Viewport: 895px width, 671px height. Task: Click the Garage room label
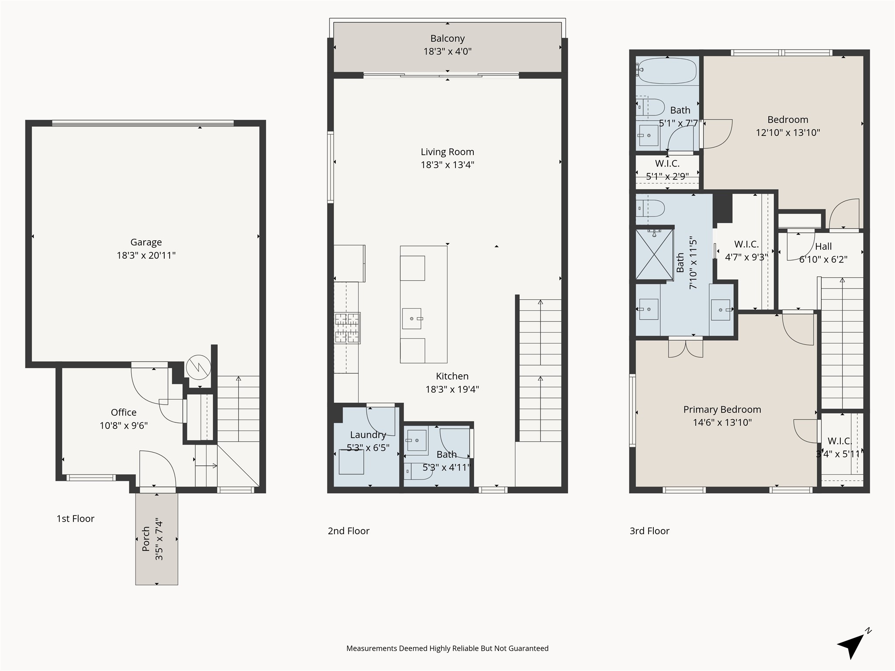pyautogui.click(x=146, y=242)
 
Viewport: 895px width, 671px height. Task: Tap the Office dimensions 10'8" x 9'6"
pyautogui.click(x=124, y=425)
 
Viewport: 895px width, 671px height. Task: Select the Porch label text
pyautogui.click(x=146, y=539)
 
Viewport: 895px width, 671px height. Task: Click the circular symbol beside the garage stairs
pyautogui.click(x=198, y=367)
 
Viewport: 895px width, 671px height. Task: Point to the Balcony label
pyautogui.click(x=447, y=38)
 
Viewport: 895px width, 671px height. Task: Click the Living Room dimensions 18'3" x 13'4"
pyautogui.click(x=447, y=165)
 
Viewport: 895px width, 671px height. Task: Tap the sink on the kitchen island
pyautogui.click(x=412, y=318)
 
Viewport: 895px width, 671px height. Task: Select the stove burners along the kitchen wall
pyautogui.click(x=347, y=328)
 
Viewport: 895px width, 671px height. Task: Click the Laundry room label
pyautogui.click(x=368, y=435)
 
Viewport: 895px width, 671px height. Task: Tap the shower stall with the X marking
pyautogui.click(x=654, y=254)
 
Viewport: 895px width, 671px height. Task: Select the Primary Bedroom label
pyautogui.click(x=722, y=409)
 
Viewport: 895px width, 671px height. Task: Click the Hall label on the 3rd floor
pyautogui.click(x=823, y=246)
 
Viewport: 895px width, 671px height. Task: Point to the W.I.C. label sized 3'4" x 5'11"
pyautogui.click(x=839, y=441)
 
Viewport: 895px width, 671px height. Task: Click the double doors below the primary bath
pyautogui.click(x=685, y=348)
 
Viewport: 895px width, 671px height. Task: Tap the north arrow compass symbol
pyautogui.click(x=852, y=646)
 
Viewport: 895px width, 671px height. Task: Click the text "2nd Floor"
pyautogui.click(x=348, y=531)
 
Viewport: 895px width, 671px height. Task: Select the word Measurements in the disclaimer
pyautogui.click(x=371, y=648)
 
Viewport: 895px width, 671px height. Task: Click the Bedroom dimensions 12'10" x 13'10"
pyautogui.click(x=787, y=132)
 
